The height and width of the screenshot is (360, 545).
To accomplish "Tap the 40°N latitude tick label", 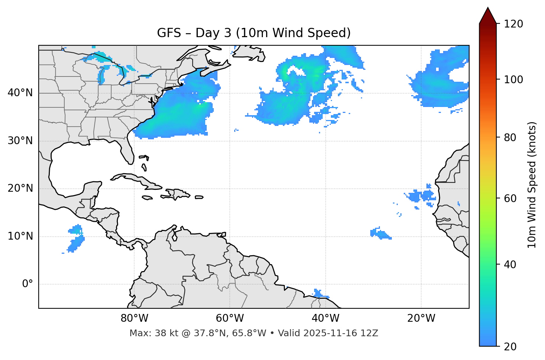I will click(x=20, y=93).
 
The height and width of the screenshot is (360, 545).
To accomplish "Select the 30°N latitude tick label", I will click(x=20, y=141).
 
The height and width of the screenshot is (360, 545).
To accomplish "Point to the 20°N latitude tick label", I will click(x=20, y=188).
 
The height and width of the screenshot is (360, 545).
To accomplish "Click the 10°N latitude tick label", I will click(x=20, y=236).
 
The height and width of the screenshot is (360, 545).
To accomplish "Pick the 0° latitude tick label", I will click(x=28, y=284).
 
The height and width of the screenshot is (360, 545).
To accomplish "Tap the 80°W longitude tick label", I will click(x=134, y=318).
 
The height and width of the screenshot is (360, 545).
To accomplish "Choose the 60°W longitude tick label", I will click(x=230, y=318).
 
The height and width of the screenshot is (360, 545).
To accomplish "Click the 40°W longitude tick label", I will click(x=325, y=318).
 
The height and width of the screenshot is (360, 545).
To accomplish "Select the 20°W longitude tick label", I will click(x=421, y=318).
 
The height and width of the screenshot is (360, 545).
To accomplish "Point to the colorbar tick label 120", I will click(x=513, y=24).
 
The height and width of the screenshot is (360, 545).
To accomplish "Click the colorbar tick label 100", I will click(x=513, y=80).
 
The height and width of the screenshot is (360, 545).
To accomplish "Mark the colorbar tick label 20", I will click(x=510, y=347).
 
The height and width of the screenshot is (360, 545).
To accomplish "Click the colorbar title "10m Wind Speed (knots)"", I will click(x=532, y=185).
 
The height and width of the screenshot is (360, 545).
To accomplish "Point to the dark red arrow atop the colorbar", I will click(x=488, y=16).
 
